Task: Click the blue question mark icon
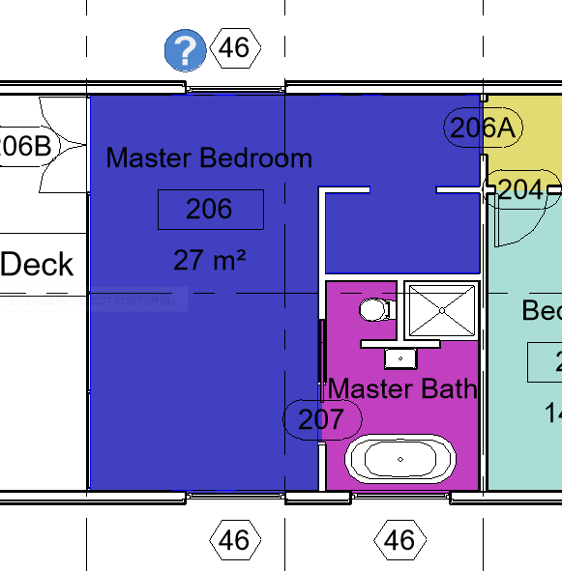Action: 185,50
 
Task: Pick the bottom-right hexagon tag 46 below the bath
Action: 399,539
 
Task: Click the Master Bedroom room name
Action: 209,157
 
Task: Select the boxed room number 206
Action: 210,209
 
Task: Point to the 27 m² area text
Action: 210,259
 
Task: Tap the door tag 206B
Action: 28,147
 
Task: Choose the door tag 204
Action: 520,189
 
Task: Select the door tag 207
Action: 321,419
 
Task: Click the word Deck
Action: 38,265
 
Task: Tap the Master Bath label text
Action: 402,388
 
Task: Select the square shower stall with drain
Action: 441,310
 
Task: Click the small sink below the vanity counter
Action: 400,358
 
